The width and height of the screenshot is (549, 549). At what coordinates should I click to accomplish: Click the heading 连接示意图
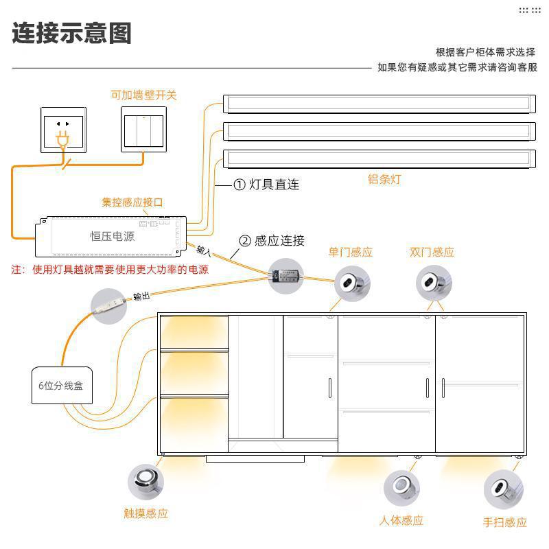click(71, 34)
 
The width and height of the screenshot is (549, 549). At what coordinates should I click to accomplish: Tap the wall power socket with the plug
click(63, 129)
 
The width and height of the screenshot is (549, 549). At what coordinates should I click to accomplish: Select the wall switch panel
click(144, 129)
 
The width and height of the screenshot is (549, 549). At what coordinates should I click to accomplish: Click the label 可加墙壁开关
click(143, 95)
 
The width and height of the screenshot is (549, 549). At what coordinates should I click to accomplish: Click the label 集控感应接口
click(132, 202)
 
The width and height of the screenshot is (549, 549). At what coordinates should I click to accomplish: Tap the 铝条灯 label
click(384, 180)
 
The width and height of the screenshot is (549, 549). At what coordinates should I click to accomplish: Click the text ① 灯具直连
click(266, 185)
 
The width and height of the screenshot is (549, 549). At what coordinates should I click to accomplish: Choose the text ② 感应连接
click(271, 241)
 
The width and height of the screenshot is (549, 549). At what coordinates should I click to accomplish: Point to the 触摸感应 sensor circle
click(145, 481)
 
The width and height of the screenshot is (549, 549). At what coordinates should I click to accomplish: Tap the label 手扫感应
click(504, 523)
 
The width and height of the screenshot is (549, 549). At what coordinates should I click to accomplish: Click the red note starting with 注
click(110, 270)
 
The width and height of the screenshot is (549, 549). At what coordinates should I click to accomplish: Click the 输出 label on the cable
click(141, 296)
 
